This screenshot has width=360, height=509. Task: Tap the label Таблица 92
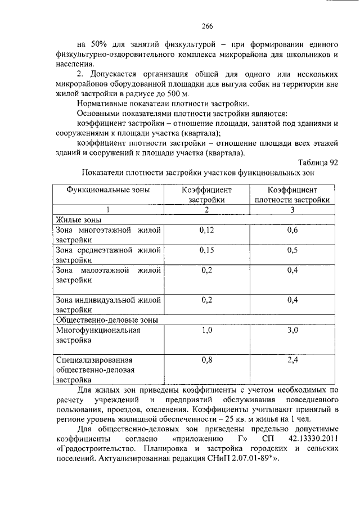tap(318, 163)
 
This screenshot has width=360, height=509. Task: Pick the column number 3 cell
tap(292, 210)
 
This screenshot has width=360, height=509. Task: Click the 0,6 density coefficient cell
tap(292, 230)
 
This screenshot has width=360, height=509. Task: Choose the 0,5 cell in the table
tap(292, 250)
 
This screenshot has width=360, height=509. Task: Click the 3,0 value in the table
tap(292, 330)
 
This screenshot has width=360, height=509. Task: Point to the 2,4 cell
tap(292, 360)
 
